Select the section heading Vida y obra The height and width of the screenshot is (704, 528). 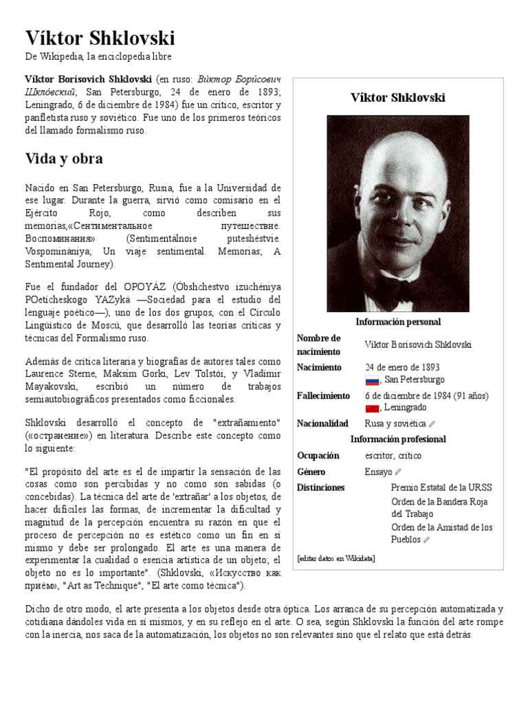pyautogui.click(x=63, y=158)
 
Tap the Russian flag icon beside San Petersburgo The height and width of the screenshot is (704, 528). pyautogui.click(x=372, y=380)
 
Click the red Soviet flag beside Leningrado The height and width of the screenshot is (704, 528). pyautogui.click(x=372, y=408)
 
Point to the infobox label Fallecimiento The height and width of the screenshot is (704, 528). pyautogui.click(x=323, y=396)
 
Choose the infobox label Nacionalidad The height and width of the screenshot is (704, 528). pyautogui.click(x=322, y=423)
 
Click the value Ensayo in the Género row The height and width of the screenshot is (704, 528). pyautogui.click(x=378, y=472)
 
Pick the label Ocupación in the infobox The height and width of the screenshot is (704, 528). pyautogui.click(x=318, y=455)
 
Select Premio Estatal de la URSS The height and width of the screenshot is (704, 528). pyautogui.click(x=441, y=487)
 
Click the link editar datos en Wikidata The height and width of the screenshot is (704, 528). pyautogui.click(x=336, y=558)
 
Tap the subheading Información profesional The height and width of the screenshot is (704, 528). pyautogui.click(x=398, y=439)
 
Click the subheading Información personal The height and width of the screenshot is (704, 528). pyautogui.click(x=398, y=322)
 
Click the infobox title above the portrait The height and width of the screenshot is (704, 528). pyautogui.click(x=398, y=98)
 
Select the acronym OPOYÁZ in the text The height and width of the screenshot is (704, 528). pyautogui.click(x=144, y=286)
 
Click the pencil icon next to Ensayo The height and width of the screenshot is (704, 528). pyautogui.click(x=399, y=472)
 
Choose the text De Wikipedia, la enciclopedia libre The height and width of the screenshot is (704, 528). pyautogui.click(x=98, y=56)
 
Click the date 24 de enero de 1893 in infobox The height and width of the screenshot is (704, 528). pyautogui.click(x=402, y=367)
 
